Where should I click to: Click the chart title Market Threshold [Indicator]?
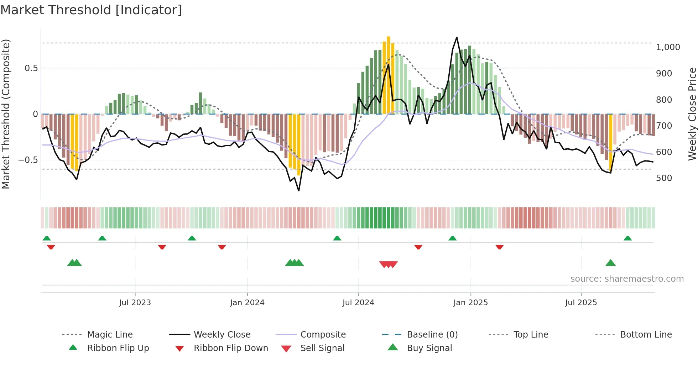coord(91,10)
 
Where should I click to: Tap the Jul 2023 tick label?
coord(135,303)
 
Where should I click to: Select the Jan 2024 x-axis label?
coord(247,303)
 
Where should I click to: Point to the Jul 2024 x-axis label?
coord(358,303)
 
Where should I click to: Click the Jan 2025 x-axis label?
coord(470,303)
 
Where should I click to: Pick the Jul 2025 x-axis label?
coord(581,303)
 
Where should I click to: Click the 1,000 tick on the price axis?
coord(668,47)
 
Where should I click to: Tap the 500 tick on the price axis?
coord(664,178)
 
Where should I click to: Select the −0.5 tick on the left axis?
coord(28,160)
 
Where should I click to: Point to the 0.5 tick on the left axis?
coord(31,68)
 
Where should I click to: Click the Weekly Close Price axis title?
coord(692,114)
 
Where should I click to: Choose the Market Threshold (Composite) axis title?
coord(6,114)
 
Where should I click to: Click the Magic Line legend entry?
coord(110,335)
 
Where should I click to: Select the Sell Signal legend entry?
coord(322,348)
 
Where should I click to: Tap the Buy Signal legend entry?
coord(429,348)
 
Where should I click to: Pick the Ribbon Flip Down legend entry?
coord(231,348)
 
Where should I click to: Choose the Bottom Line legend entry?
coord(646,335)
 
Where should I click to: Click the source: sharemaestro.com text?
coord(627,279)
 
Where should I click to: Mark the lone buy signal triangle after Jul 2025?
coord(610,263)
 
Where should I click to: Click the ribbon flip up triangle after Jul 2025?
coord(627,238)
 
